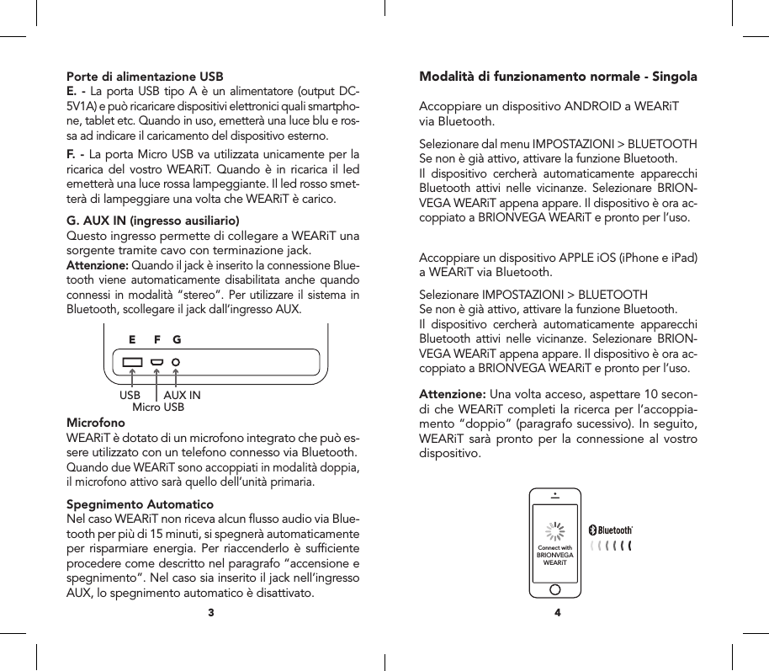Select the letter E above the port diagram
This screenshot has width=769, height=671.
click(x=132, y=341)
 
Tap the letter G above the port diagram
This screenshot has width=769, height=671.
click(x=177, y=341)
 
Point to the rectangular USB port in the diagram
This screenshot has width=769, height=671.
click(x=132, y=364)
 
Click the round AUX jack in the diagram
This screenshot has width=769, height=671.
click(x=176, y=364)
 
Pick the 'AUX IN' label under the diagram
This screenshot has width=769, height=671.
click(x=182, y=395)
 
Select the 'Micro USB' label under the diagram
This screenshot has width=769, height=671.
click(x=158, y=407)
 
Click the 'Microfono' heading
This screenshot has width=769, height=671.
click(x=95, y=422)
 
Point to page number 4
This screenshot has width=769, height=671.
click(x=557, y=612)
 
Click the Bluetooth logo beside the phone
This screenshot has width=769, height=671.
click(x=611, y=530)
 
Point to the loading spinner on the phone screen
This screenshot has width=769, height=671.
click(x=555, y=530)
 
